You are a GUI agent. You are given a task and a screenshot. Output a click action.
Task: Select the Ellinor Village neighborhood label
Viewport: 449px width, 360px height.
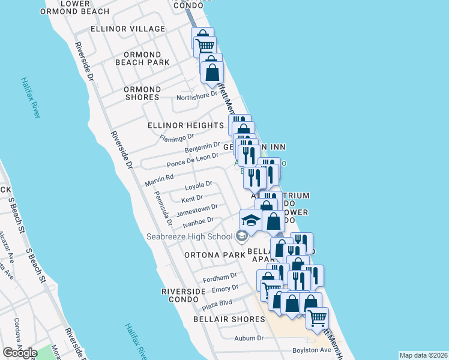click(127, 29)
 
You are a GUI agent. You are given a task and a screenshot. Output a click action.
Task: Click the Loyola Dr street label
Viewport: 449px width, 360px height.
click(198, 186)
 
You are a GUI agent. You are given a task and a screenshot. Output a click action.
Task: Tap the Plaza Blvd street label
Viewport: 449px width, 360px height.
click(217, 305)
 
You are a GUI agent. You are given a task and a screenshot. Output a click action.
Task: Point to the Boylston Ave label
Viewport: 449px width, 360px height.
click(312, 350)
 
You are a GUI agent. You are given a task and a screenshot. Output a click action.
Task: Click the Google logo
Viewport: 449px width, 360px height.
click(20, 353)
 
